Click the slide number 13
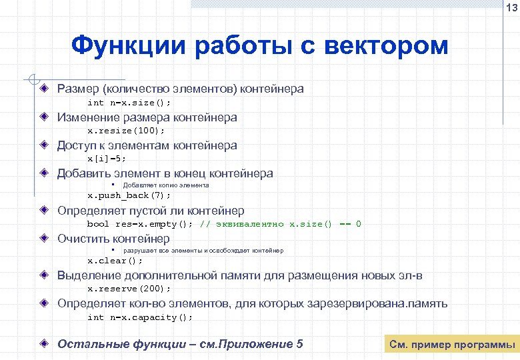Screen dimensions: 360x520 pyautogui.click(x=510, y=8)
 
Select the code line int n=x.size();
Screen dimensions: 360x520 pyautogui.click(x=129, y=103)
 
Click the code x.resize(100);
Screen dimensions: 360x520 pyautogui.click(x=126, y=131)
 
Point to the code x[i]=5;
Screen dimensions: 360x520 pyautogui.click(x=107, y=159)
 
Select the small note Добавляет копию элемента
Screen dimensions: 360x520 pyautogui.click(x=166, y=185)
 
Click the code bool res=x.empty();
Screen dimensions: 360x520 pyautogui.click(x=140, y=224)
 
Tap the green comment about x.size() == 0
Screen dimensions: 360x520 pyautogui.click(x=281, y=224)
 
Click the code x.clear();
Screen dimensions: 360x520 pyautogui.click(x=115, y=261)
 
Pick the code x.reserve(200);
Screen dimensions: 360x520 pyautogui.click(x=129, y=289)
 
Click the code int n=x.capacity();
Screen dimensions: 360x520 pyautogui.click(x=140, y=317)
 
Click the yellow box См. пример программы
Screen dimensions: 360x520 pyautogui.click(x=452, y=345)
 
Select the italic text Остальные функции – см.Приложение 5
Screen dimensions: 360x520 pyautogui.click(x=180, y=344)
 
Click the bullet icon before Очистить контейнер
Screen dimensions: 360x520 pyautogui.click(x=44, y=238)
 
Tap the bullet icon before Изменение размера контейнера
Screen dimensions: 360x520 pyautogui.click(x=44, y=117)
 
